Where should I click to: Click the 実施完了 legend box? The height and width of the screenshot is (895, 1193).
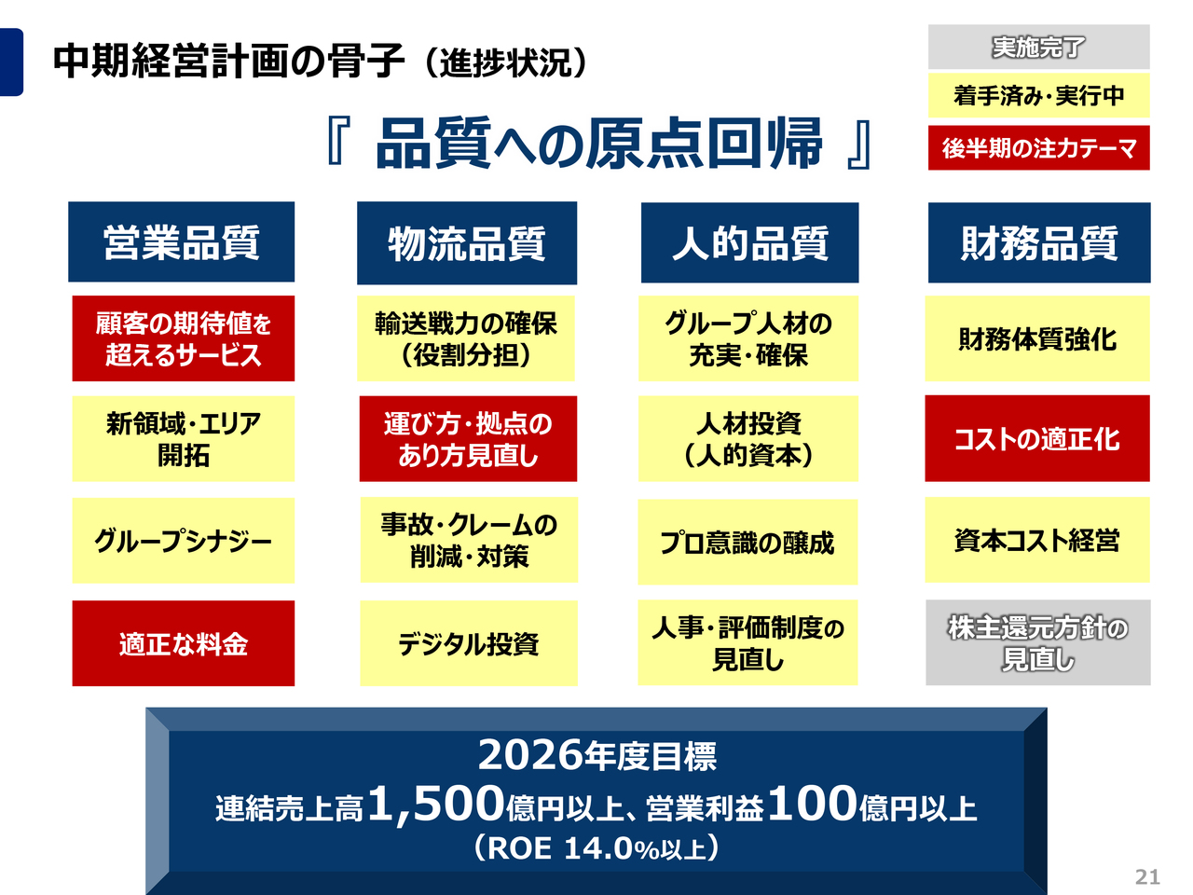click(x=1038, y=47)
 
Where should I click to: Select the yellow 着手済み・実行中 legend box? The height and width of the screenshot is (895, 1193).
click(x=1038, y=96)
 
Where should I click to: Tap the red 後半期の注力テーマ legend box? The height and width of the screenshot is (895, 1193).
click(x=1038, y=148)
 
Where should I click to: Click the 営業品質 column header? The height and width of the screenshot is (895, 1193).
click(x=182, y=242)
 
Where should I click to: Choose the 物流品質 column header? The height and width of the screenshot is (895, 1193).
click(x=467, y=243)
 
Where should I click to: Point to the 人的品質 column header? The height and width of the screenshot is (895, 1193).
click(x=749, y=243)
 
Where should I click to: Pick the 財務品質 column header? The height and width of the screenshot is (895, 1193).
click(x=1039, y=243)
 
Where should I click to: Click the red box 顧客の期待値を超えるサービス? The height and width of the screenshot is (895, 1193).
click(x=184, y=338)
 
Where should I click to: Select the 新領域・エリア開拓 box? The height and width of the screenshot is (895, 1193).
click(x=184, y=439)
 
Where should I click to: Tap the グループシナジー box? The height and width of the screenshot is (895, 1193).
click(x=184, y=541)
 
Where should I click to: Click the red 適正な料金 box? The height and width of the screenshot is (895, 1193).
click(x=184, y=643)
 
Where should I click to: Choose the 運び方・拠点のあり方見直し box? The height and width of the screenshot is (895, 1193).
click(x=468, y=439)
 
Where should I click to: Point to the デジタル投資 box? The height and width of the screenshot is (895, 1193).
click(x=468, y=643)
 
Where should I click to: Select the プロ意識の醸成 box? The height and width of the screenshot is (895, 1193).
click(x=747, y=542)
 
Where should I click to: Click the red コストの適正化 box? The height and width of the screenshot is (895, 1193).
click(x=1037, y=438)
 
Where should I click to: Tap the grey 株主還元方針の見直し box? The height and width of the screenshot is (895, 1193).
click(x=1037, y=642)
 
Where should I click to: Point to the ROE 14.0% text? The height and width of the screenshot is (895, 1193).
click(x=596, y=848)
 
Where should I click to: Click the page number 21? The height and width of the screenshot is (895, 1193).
click(x=1147, y=876)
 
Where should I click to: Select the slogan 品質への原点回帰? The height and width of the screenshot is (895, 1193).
click(x=598, y=144)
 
